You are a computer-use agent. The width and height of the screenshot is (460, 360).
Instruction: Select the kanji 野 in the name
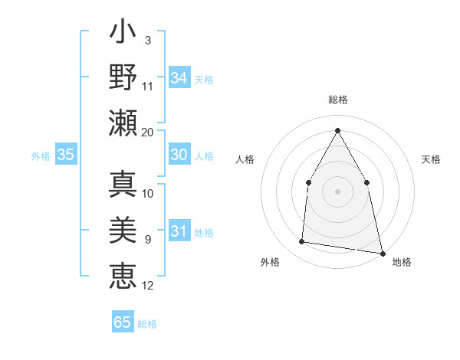tap(123, 79)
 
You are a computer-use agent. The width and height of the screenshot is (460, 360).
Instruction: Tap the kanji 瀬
tap(123, 122)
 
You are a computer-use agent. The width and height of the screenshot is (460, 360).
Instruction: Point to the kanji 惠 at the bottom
tap(123, 276)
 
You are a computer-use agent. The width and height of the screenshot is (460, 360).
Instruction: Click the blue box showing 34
tap(179, 78)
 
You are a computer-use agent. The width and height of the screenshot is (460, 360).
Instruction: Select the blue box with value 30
tap(179, 155)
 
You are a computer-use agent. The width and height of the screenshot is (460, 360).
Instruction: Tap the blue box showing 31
tap(179, 231)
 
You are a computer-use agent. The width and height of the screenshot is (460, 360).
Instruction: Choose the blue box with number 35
tap(66, 155)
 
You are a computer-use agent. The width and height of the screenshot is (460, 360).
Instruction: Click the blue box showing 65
tap(123, 322)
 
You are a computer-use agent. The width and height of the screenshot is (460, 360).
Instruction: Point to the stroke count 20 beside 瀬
tap(148, 133)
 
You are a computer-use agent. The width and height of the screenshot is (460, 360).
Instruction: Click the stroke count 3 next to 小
tap(148, 40)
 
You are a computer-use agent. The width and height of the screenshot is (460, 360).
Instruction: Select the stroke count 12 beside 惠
tap(148, 286)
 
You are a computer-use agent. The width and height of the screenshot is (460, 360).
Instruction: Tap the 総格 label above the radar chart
tap(337, 100)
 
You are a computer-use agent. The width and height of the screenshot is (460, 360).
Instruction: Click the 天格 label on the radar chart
tap(432, 159)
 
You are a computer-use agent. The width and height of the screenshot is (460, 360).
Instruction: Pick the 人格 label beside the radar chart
tap(245, 159)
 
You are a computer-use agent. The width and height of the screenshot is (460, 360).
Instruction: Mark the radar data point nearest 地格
tap(381, 253)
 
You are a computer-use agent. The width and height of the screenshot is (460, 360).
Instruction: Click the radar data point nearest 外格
tap(302, 242)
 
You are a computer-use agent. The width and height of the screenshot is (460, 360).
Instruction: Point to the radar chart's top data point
tap(337, 130)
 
